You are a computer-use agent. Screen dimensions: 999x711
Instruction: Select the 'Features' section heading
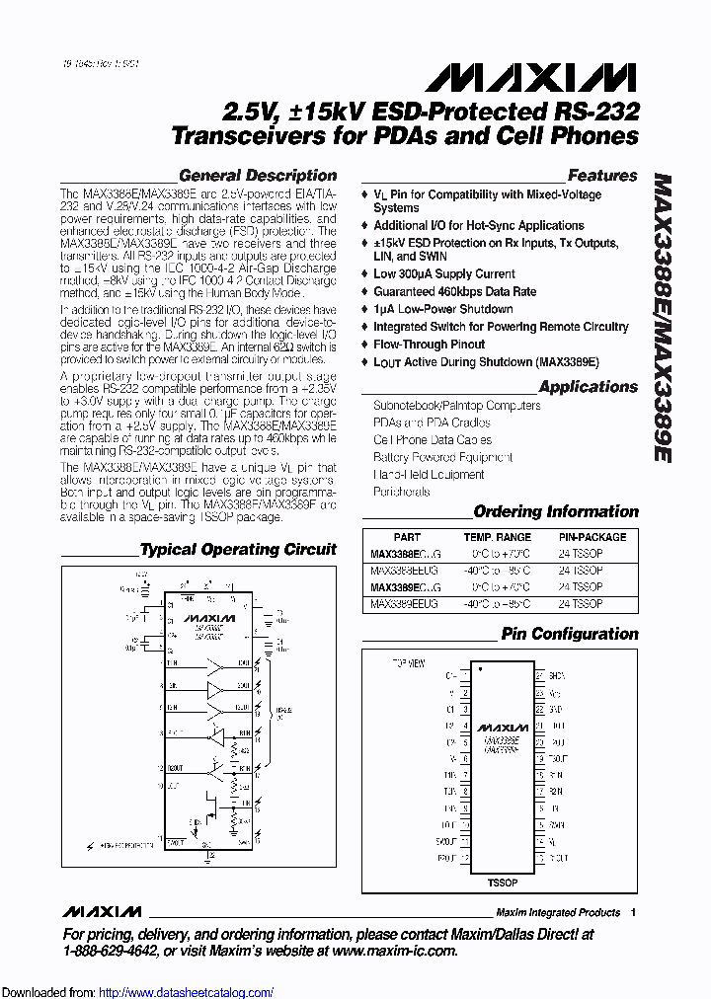(x=602, y=176)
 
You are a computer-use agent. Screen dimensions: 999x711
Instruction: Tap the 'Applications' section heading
(x=589, y=387)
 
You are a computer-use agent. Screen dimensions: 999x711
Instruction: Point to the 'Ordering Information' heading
(x=556, y=512)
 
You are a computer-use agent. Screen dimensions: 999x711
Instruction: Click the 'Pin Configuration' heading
(x=570, y=634)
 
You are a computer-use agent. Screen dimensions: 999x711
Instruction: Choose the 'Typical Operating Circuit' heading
(x=238, y=549)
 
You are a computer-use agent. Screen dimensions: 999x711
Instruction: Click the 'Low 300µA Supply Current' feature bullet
(x=443, y=273)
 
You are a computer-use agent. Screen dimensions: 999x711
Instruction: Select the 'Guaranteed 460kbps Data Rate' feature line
(x=454, y=291)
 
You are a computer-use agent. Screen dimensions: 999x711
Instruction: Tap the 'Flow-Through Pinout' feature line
(x=429, y=345)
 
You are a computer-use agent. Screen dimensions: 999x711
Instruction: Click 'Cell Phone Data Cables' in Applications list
(x=433, y=440)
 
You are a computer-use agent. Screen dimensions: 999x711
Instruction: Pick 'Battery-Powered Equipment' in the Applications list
(x=442, y=457)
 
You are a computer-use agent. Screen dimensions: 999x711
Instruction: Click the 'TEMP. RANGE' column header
(x=500, y=537)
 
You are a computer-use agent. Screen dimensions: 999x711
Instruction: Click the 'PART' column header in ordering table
(x=407, y=537)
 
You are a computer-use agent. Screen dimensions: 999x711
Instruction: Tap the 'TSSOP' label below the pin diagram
(x=503, y=882)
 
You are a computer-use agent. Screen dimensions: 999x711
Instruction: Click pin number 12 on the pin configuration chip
(x=464, y=859)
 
